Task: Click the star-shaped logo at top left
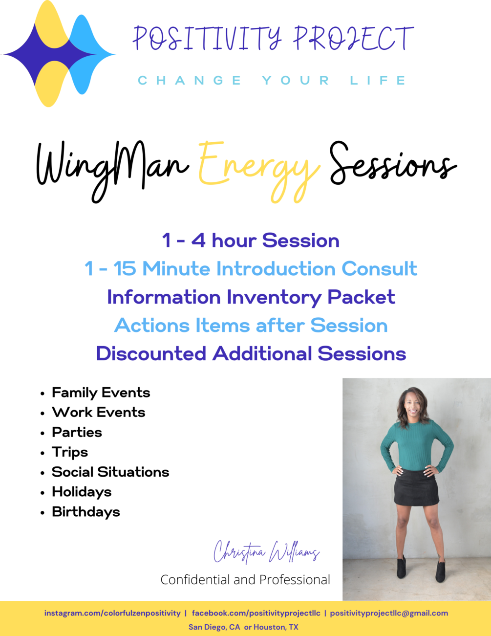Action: pyautogui.click(x=59, y=54)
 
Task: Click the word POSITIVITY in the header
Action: pyautogui.click(x=207, y=38)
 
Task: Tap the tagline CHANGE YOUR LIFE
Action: pyautogui.click(x=272, y=80)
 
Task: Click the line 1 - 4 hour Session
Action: pyautogui.click(x=251, y=241)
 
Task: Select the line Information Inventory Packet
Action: pyautogui.click(x=251, y=297)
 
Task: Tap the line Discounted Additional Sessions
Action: pyautogui.click(x=251, y=353)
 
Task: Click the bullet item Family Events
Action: pyautogui.click(x=101, y=393)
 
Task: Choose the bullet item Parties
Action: pyautogui.click(x=77, y=432)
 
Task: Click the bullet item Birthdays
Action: pyautogui.click(x=86, y=512)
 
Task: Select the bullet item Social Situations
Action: pyautogui.click(x=110, y=472)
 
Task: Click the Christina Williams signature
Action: pyautogui.click(x=266, y=552)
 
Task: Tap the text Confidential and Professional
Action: pyautogui.click(x=245, y=580)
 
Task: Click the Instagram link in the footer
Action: pyautogui.click(x=112, y=613)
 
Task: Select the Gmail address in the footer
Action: pyautogui.click(x=389, y=613)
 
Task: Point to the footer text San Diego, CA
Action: pyautogui.click(x=214, y=627)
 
